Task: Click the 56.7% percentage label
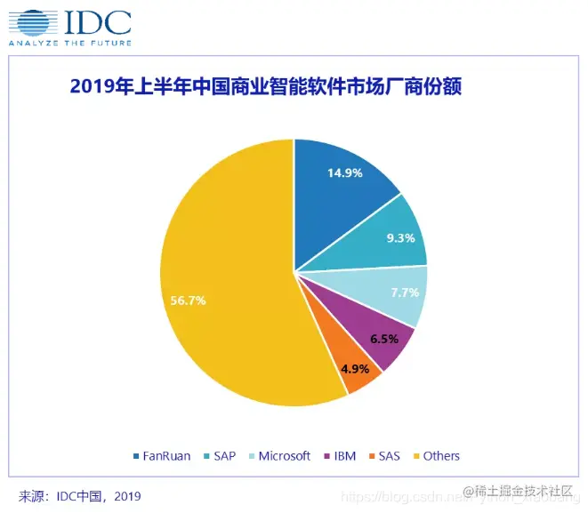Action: coord(189,301)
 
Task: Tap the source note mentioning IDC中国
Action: coord(80,495)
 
